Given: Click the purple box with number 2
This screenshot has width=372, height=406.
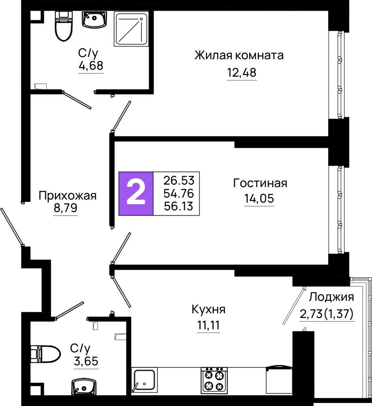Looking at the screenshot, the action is pyautogui.click(x=136, y=193).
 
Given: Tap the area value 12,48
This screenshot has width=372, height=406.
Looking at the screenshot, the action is pyautogui.click(x=241, y=73).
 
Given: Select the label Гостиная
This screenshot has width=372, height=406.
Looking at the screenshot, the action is pyautogui.click(x=260, y=183).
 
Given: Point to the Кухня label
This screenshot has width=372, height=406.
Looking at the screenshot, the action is pyautogui.click(x=209, y=309).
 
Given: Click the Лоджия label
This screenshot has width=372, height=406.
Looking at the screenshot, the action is pyautogui.click(x=331, y=297).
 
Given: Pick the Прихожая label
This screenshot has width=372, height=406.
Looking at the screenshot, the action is pyautogui.click(x=67, y=196).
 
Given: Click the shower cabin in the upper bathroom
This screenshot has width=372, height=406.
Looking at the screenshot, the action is pyautogui.click(x=132, y=28).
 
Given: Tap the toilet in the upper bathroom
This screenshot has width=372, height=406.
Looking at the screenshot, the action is pyautogui.click(x=63, y=26).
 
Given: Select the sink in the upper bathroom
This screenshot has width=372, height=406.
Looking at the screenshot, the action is pyautogui.click(x=94, y=19).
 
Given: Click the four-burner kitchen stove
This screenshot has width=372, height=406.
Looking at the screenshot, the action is pyautogui.click(x=214, y=380).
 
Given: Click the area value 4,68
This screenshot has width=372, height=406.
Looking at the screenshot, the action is pyautogui.click(x=91, y=66).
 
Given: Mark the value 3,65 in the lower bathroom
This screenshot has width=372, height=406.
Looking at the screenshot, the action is pyautogui.click(x=86, y=361).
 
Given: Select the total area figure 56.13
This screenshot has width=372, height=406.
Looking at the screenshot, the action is pyautogui.click(x=178, y=206).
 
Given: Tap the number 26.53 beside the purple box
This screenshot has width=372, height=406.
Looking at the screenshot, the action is pyautogui.click(x=178, y=181).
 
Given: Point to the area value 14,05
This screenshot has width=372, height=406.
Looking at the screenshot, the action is pyautogui.click(x=259, y=199).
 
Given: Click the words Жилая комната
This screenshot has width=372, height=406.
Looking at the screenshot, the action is pyautogui.click(x=239, y=55).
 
